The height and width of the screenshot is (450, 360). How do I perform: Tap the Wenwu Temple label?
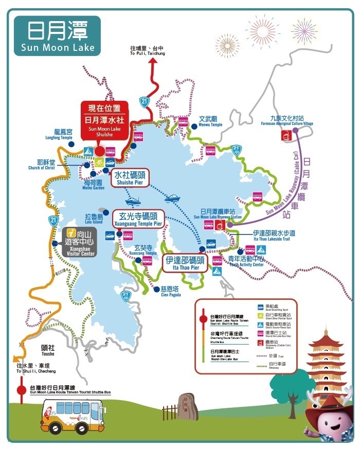pyautogui.click(x=210, y=121)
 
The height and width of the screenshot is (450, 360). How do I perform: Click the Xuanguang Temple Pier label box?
pyautogui.click(x=140, y=219)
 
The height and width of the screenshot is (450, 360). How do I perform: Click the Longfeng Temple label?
pyautogui.click(x=64, y=135)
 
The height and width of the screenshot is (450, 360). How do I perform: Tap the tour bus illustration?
pyautogui.click(x=72, y=415)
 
